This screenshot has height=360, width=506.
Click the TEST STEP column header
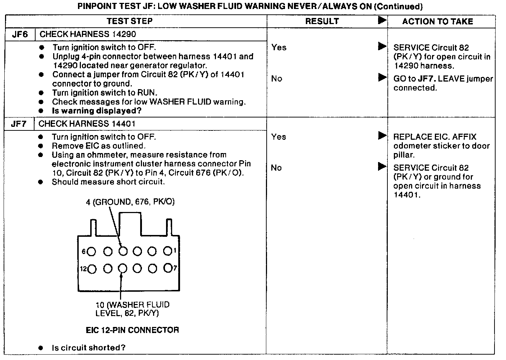pos(129,21)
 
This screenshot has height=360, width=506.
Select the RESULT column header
pos(322,21)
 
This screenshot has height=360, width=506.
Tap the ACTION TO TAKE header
pos(437,22)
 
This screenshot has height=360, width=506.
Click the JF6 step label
pos(20,34)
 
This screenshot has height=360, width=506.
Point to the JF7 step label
pos(19,124)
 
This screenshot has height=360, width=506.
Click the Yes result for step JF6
pos(279,47)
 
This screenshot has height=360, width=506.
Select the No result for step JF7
pos(276,168)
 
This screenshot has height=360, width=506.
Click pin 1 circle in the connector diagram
pos(167,251)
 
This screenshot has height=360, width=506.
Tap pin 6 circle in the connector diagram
pos(91,252)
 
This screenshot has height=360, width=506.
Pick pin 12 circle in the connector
pos(92,269)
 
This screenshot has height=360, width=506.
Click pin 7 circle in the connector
pos(167,268)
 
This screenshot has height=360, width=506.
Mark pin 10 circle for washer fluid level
pos(123,268)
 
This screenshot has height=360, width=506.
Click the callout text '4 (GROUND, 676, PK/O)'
pos(130,202)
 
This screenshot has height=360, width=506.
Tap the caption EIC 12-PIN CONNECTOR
pos(132,330)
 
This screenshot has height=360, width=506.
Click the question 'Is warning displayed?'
pos(97,111)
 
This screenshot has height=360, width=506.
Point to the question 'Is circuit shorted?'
pos(89,348)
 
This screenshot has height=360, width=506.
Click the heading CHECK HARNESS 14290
pos(88,34)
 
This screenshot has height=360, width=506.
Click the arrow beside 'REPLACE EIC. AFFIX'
pos(382,136)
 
